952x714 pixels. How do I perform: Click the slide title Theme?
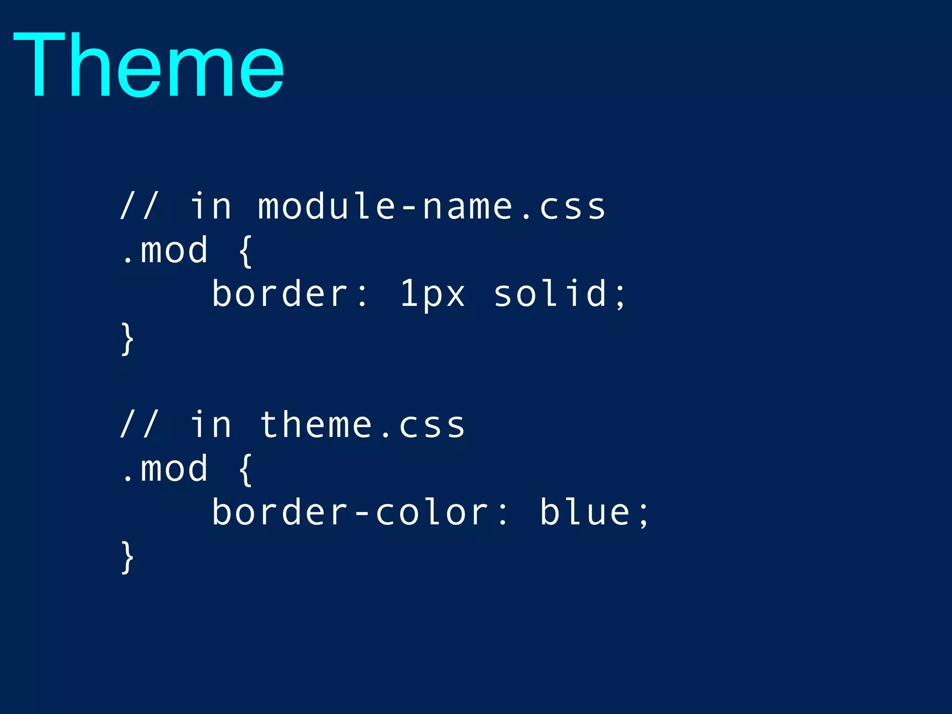coord(149,65)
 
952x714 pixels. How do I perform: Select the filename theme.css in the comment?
coord(362,425)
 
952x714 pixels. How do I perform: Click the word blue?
coord(585,512)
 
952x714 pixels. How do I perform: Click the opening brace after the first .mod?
coord(245,251)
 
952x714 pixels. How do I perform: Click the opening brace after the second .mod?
coord(245,469)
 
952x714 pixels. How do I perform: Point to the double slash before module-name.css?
coord(139,205)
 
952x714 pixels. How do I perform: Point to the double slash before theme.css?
coord(139,424)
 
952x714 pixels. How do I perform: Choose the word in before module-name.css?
coord(211,206)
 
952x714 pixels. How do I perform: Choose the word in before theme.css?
coord(211,425)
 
